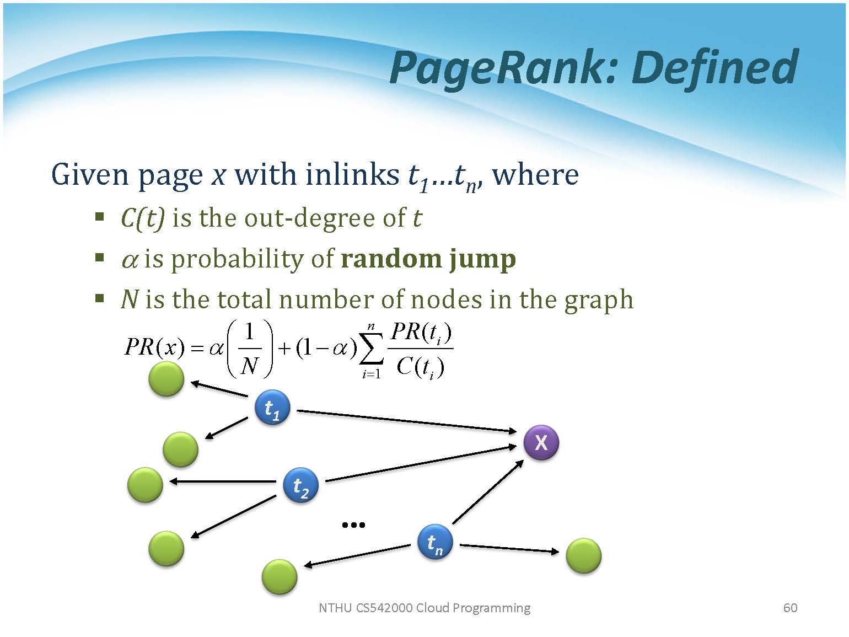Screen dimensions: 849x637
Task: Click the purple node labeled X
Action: [541, 442]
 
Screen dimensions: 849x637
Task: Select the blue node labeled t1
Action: [272, 407]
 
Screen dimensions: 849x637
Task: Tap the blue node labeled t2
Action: [300, 485]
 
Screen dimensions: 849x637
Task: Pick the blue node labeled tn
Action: [435, 542]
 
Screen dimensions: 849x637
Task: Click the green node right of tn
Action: [583, 556]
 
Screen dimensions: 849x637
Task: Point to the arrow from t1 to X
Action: [406, 421]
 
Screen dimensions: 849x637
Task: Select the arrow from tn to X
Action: [488, 492]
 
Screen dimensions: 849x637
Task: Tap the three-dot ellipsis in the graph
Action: [353, 525]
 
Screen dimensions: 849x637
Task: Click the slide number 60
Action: [790, 608]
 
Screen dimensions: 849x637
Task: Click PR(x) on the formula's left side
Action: [154, 346]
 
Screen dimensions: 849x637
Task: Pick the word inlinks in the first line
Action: [352, 175]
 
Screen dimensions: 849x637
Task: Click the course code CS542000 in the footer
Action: [384, 608]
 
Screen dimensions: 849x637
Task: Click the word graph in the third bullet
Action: [599, 301]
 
